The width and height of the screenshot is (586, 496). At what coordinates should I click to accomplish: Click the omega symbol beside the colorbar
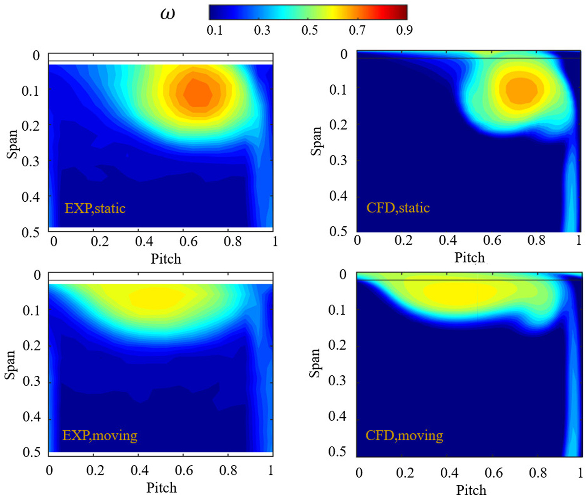point(168,14)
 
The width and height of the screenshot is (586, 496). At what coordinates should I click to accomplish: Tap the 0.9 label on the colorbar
point(405,30)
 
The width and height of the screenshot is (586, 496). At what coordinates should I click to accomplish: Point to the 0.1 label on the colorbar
point(215,30)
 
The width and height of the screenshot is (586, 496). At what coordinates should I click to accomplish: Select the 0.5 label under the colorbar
point(310,30)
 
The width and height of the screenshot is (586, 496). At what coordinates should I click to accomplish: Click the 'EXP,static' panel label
point(95,209)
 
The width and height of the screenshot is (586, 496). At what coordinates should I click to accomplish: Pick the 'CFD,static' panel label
point(398,208)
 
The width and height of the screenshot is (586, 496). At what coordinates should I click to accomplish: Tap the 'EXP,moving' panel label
point(100,435)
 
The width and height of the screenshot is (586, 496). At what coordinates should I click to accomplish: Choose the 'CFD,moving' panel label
point(404,435)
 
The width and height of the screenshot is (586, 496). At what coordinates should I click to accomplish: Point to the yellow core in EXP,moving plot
point(156,298)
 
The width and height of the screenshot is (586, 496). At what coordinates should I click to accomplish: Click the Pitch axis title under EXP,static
point(166,259)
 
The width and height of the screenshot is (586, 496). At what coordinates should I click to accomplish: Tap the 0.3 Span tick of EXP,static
point(30,161)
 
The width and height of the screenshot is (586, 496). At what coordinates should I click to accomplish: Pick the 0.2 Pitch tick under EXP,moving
point(95,470)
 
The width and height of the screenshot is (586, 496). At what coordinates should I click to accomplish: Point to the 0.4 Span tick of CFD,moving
point(337,416)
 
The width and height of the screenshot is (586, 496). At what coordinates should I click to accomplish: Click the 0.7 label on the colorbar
point(357,30)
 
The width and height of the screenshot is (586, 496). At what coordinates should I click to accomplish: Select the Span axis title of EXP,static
point(12,144)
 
